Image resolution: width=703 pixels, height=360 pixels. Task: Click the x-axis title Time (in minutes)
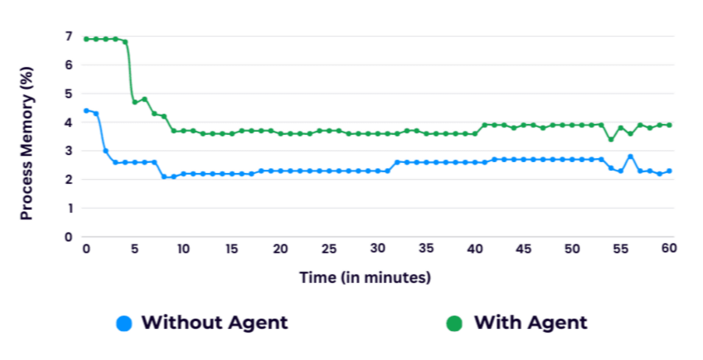coord(365,277)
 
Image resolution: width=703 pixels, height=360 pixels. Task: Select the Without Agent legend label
coord(214,323)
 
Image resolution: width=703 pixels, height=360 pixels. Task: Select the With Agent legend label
coord(531,323)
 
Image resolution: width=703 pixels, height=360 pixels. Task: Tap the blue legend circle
coord(123,323)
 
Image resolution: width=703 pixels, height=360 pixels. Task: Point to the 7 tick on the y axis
coord(68,37)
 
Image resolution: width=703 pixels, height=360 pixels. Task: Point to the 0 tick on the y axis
coord(68,237)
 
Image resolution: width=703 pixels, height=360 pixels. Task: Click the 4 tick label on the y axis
coord(68,122)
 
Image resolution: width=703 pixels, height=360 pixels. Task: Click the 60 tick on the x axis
coord(669,248)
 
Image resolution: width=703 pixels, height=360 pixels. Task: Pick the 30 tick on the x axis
coord(377,248)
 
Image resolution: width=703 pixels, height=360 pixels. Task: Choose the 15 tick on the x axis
coord(231,248)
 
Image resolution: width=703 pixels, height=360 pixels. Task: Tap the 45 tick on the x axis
coord(523,248)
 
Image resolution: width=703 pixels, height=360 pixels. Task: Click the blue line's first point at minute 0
coord(86,111)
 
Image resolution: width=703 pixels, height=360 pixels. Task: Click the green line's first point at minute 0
coord(86,39)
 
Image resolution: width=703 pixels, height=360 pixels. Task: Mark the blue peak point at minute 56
coord(631,157)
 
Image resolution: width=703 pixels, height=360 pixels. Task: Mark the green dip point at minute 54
coord(611,139)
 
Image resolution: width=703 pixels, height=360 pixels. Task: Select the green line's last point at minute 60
coord(669,125)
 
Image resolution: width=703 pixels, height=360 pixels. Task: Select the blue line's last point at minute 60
coord(669,171)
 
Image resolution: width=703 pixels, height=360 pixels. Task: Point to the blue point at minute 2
coord(105,150)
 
